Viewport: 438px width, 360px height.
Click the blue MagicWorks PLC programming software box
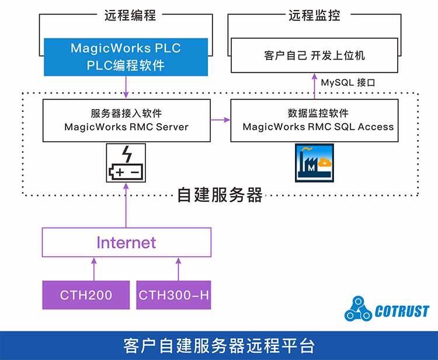click(x=126, y=57)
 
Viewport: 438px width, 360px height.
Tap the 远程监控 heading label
click(x=314, y=16)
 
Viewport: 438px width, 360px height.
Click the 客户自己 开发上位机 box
click(x=314, y=55)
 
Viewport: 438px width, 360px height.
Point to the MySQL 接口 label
click(x=347, y=82)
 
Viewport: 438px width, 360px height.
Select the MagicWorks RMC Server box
click(x=126, y=120)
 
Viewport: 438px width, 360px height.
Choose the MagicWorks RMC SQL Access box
click(x=314, y=120)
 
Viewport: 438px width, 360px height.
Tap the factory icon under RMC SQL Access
click(x=314, y=164)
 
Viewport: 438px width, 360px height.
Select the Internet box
click(x=126, y=242)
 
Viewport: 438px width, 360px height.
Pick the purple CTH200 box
click(x=86, y=295)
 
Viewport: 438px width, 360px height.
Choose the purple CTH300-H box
click(x=173, y=295)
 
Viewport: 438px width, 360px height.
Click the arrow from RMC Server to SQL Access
click(x=220, y=121)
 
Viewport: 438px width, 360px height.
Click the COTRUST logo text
click(x=402, y=312)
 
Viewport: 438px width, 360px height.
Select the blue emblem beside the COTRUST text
click(x=357, y=310)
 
